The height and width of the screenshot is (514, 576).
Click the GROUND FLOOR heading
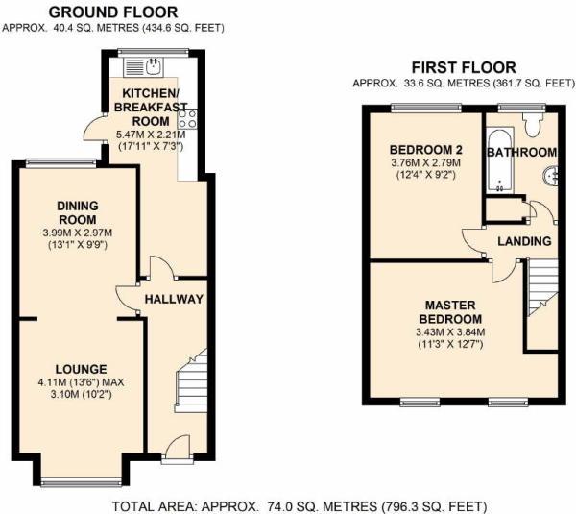112,12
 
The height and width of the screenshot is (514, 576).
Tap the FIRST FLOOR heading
463,67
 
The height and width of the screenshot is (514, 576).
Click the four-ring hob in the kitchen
188,119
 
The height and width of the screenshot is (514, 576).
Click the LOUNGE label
81,369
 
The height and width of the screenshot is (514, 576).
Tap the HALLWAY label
174,299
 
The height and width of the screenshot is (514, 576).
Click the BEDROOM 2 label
425,151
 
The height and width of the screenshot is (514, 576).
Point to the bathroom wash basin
551,175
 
